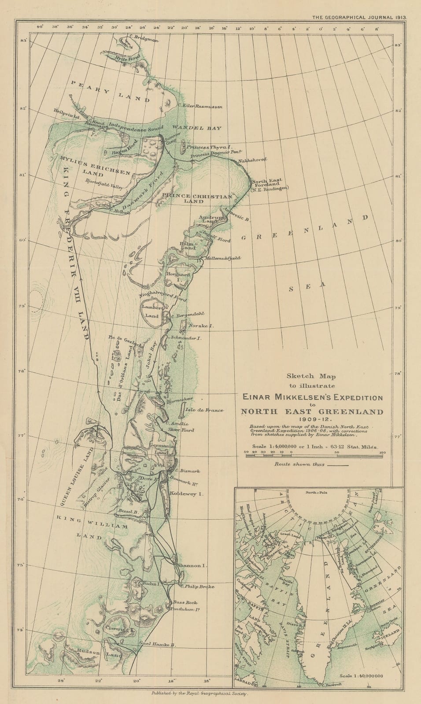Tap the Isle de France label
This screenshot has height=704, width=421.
pyautogui.click(x=205, y=410)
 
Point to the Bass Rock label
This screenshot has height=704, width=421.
pyautogui.click(x=185, y=602)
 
